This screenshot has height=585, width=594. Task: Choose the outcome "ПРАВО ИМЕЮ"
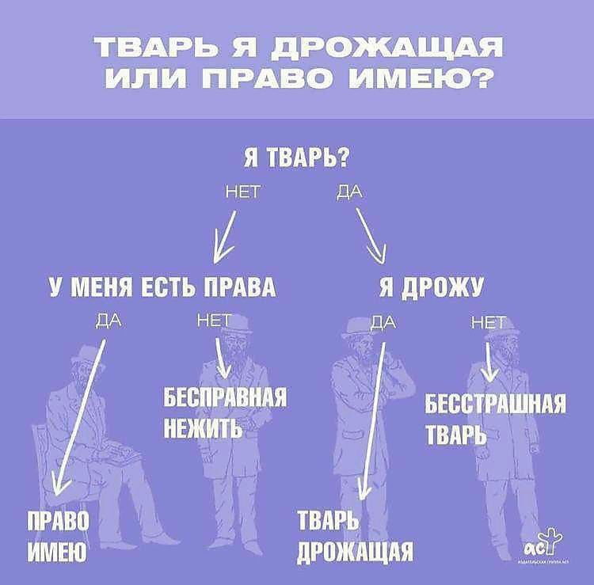pos(59,535)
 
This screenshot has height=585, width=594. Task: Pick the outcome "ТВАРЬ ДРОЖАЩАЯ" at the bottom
pos(354,535)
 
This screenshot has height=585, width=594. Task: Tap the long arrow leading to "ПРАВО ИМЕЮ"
pos(79,412)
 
